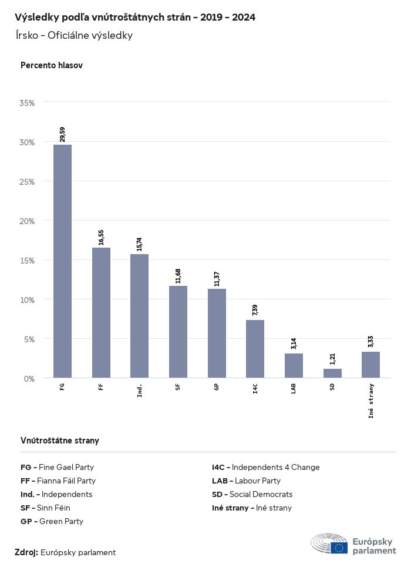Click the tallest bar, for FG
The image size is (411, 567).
point(62,261)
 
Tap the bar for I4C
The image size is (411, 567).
point(255,349)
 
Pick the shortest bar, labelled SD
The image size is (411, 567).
point(332,373)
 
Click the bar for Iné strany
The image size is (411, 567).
point(370,365)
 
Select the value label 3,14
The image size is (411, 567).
point(294,343)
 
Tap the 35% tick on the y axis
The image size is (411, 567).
point(28,103)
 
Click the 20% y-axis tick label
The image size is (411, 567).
point(28,221)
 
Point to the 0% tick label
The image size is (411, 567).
point(29,378)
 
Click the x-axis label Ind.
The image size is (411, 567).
point(140,390)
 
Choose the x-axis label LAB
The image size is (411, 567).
point(294,389)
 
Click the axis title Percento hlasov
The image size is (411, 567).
point(52,65)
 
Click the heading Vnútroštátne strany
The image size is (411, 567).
point(60,440)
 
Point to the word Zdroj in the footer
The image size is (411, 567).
point(26,552)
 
